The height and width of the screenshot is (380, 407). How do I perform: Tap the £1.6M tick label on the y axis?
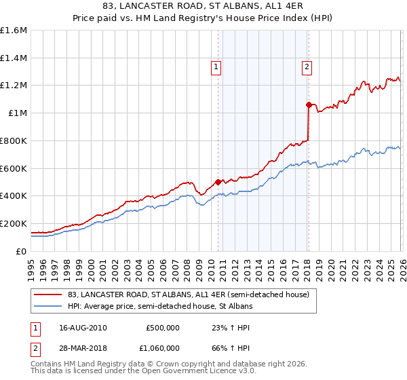click(14, 31)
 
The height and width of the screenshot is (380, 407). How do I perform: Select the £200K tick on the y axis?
click(14, 223)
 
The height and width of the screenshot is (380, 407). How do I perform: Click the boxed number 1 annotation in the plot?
click(216, 66)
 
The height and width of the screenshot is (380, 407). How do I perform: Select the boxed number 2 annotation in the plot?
click(307, 66)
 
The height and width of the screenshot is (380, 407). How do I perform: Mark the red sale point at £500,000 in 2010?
click(218, 182)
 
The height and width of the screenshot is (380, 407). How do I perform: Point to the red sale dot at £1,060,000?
click(309, 104)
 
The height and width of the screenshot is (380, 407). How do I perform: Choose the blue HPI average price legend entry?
click(159, 307)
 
